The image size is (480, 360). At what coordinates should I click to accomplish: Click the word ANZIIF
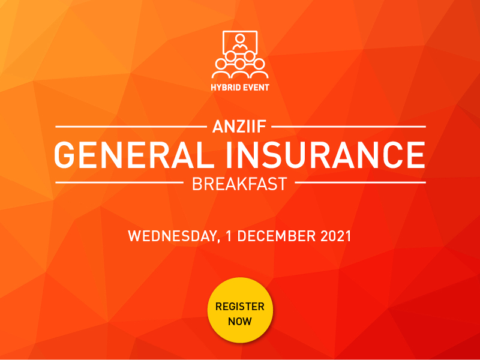tap(240, 127)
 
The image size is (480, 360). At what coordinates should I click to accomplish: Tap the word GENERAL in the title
tap(139, 154)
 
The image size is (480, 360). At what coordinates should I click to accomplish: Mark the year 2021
tap(334, 235)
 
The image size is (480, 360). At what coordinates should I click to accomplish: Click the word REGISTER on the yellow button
tap(240, 307)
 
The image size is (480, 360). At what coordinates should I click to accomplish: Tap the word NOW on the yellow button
tap(240, 321)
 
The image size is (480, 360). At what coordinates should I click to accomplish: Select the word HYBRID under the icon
tap(226, 87)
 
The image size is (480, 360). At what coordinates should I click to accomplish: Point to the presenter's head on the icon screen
tap(240, 39)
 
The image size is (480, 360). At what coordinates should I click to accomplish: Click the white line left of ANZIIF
tap(130, 127)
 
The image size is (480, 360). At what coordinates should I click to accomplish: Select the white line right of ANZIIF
tap(350, 127)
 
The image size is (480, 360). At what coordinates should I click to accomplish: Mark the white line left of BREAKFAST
tap(119, 182)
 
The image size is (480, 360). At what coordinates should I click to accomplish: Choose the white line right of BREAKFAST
tap(361, 182)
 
